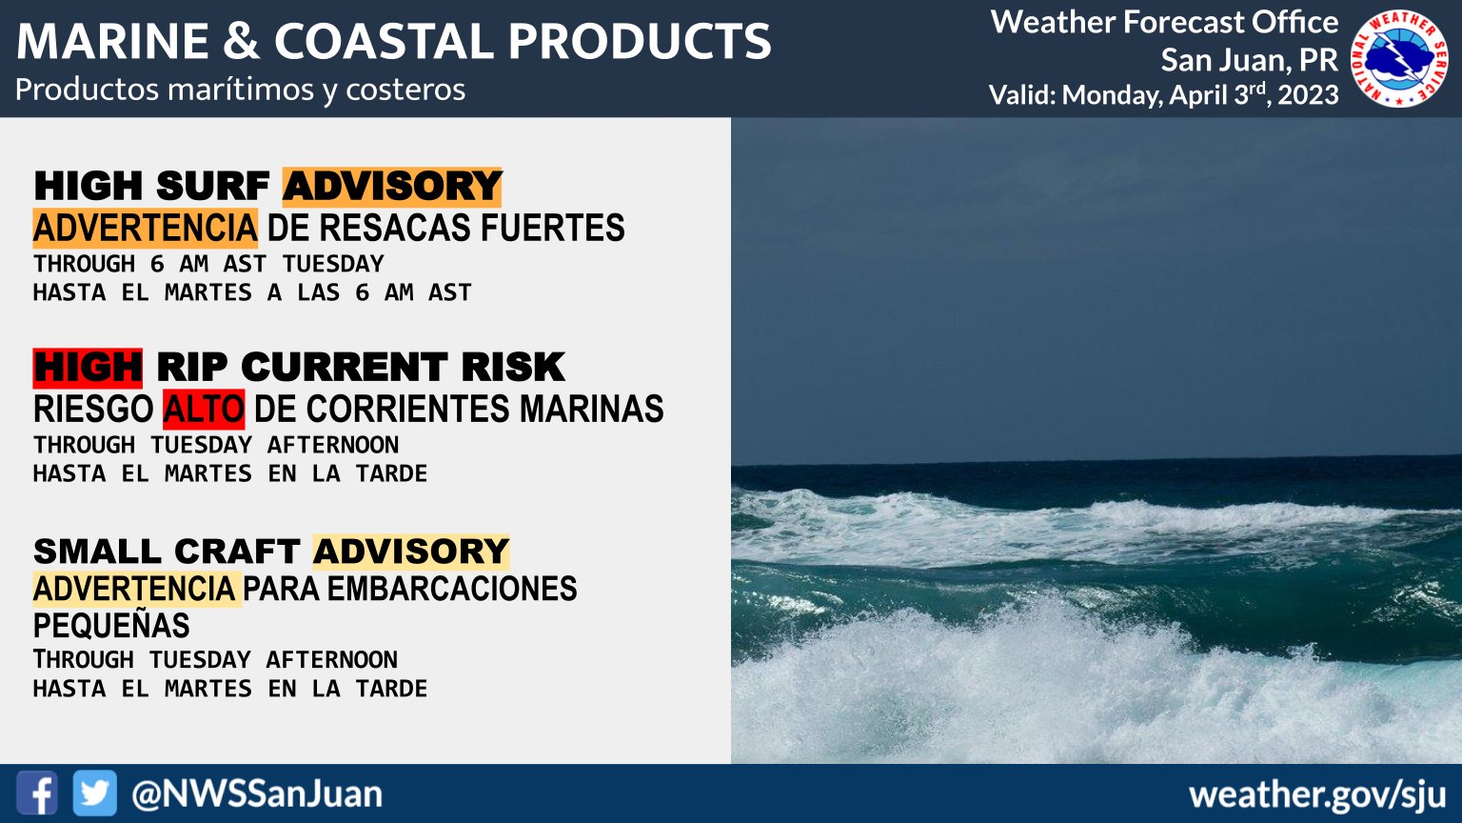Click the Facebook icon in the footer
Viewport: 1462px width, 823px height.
pyautogui.click(x=36, y=793)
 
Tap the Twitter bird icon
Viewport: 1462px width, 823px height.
pyautogui.click(x=94, y=793)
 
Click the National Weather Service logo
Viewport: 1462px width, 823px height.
pyautogui.click(x=1398, y=58)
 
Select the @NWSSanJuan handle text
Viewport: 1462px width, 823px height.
pyautogui.click(x=256, y=794)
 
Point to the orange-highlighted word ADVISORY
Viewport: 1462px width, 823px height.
pyautogui.click(x=392, y=187)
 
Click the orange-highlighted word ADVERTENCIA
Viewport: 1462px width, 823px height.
pyautogui.click(x=145, y=228)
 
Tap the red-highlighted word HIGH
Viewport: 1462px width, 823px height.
pyautogui.click(x=88, y=368)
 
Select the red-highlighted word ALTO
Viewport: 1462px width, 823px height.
pyautogui.click(x=204, y=410)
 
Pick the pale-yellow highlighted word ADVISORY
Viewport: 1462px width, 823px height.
pyautogui.click(x=411, y=552)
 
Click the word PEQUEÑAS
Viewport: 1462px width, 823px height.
pyautogui.click(x=111, y=626)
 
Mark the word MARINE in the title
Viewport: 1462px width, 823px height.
pyautogui.click(x=112, y=42)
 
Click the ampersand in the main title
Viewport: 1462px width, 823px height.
pyautogui.click(x=241, y=42)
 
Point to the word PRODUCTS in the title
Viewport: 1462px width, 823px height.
pyautogui.click(x=640, y=42)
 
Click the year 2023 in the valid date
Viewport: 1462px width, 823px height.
pyautogui.click(x=1308, y=95)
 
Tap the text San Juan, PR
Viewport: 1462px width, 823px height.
pyautogui.click(x=1249, y=60)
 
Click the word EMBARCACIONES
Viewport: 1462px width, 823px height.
pyautogui.click(x=452, y=590)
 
